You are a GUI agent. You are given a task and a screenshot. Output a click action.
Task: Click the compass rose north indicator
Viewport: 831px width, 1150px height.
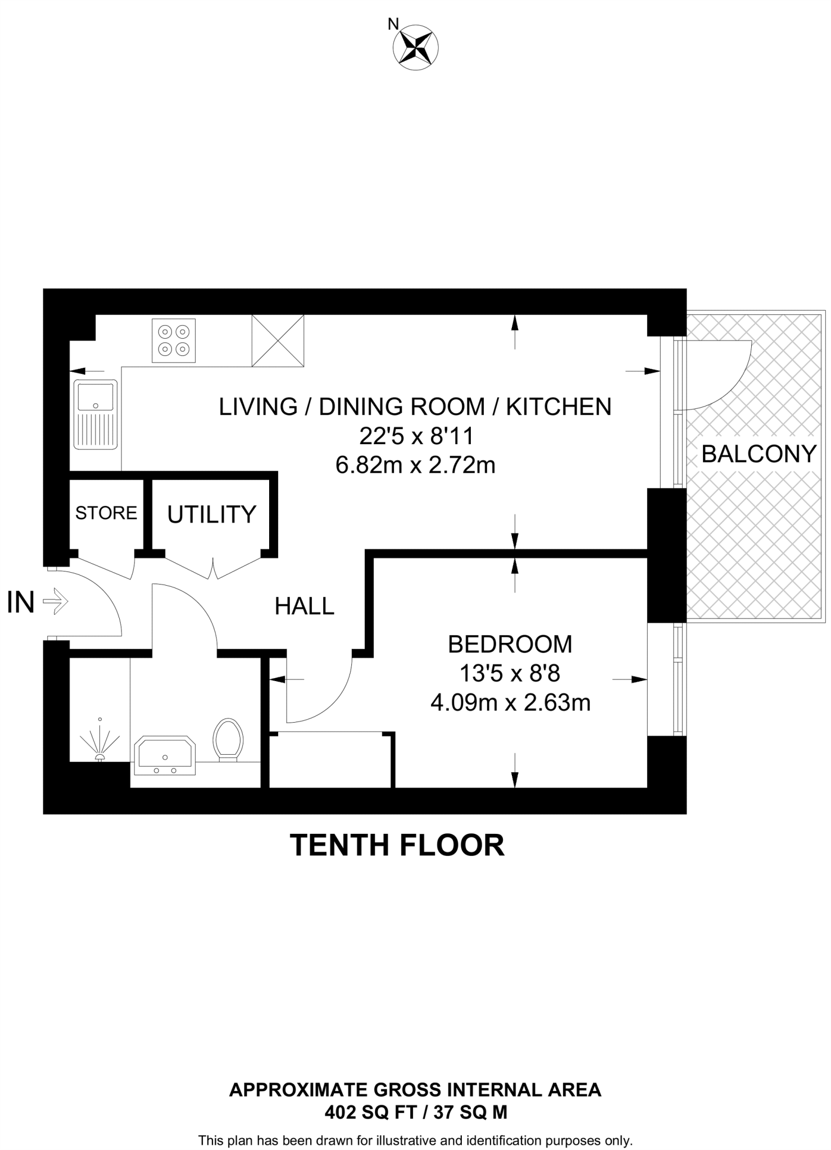[x=415, y=47]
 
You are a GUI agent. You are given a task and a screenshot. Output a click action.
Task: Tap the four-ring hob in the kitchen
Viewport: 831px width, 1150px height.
[x=174, y=340]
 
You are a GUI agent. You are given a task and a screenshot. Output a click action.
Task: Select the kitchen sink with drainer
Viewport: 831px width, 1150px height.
[x=96, y=414]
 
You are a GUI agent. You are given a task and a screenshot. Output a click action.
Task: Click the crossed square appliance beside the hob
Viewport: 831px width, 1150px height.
[x=278, y=340]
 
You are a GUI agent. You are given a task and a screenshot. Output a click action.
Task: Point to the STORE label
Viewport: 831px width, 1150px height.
[x=106, y=513]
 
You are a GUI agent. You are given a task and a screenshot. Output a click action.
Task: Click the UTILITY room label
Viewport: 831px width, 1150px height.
[x=212, y=514]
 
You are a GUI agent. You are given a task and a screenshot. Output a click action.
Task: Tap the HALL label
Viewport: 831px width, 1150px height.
[x=305, y=606]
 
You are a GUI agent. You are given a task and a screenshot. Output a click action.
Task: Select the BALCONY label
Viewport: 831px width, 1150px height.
[x=759, y=454]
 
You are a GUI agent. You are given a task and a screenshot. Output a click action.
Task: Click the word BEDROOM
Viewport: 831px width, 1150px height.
[x=510, y=644]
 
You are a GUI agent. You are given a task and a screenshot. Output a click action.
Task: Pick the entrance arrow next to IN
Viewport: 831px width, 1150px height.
[x=56, y=602]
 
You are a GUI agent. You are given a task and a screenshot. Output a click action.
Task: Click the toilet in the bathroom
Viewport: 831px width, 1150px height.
[x=228, y=739]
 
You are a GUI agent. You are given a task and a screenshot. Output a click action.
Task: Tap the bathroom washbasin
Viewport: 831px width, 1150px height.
[x=164, y=756]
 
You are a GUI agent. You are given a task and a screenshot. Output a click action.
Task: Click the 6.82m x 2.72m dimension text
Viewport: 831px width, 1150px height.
[x=415, y=465]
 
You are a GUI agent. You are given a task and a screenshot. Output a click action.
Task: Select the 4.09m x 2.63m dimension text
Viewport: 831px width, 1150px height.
[x=510, y=702]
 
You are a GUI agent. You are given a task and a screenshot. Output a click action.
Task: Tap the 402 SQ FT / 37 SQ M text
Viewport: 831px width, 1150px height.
[x=415, y=1112]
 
